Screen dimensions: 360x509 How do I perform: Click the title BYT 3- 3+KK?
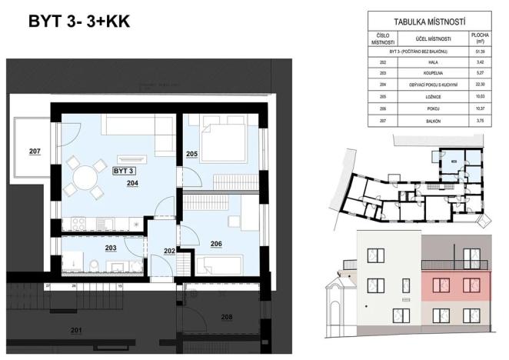click(x=78, y=21)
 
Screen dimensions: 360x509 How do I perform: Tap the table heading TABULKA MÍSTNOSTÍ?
click(x=431, y=22)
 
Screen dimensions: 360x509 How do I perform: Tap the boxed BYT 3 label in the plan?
click(x=124, y=171)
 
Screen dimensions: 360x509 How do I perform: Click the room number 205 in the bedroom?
click(x=192, y=154)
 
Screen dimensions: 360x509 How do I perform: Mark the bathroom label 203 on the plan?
click(x=111, y=248)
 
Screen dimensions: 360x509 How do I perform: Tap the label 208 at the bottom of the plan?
click(x=226, y=316)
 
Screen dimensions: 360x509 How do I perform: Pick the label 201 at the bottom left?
click(x=75, y=332)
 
